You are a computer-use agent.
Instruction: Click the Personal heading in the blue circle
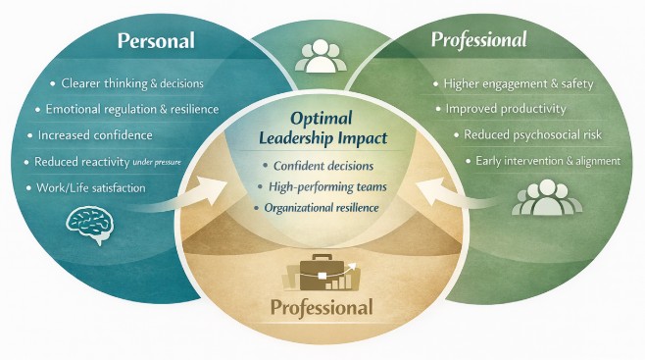coord(156,41)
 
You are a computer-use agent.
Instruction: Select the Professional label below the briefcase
coord(322,308)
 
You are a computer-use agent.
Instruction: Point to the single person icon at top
coord(320,56)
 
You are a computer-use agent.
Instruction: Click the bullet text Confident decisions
coord(327,165)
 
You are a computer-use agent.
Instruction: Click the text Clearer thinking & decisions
coord(134,83)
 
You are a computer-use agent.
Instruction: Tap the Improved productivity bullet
coord(502,108)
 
